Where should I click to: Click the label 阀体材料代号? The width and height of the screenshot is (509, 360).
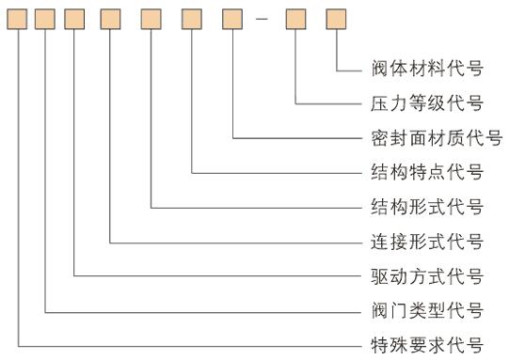tap(427, 69)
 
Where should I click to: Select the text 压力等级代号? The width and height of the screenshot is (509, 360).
tap(427, 103)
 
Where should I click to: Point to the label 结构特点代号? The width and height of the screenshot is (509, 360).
tap(427, 172)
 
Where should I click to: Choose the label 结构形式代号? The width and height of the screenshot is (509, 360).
tap(427, 207)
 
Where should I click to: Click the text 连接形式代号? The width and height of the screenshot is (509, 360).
tap(427, 242)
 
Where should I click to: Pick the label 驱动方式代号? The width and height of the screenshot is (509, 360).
tap(427, 276)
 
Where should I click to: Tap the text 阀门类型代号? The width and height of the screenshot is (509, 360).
tap(427, 310)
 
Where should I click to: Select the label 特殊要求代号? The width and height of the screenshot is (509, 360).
tap(427, 344)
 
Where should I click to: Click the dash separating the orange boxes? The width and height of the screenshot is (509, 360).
tap(263, 19)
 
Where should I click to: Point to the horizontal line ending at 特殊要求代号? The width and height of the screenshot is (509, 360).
tap(188, 344)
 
